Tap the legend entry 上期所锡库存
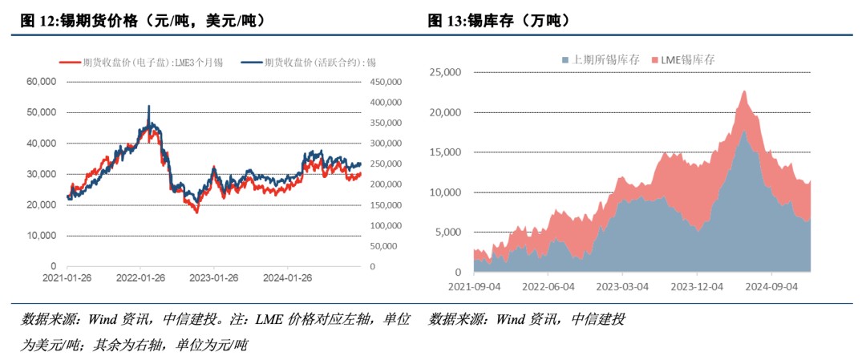(601, 59)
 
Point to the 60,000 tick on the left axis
(41, 82)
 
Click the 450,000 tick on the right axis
(386, 82)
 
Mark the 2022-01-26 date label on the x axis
(140, 278)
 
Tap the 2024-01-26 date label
(288, 278)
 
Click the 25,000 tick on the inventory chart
(447, 72)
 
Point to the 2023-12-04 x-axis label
(698, 285)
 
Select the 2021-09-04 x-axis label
(475, 285)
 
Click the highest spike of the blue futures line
(148, 106)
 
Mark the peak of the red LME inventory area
(744, 91)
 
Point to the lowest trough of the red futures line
(196, 212)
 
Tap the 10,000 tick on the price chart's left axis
(41, 236)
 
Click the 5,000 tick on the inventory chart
(449, 233)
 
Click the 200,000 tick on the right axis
(386, 184)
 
